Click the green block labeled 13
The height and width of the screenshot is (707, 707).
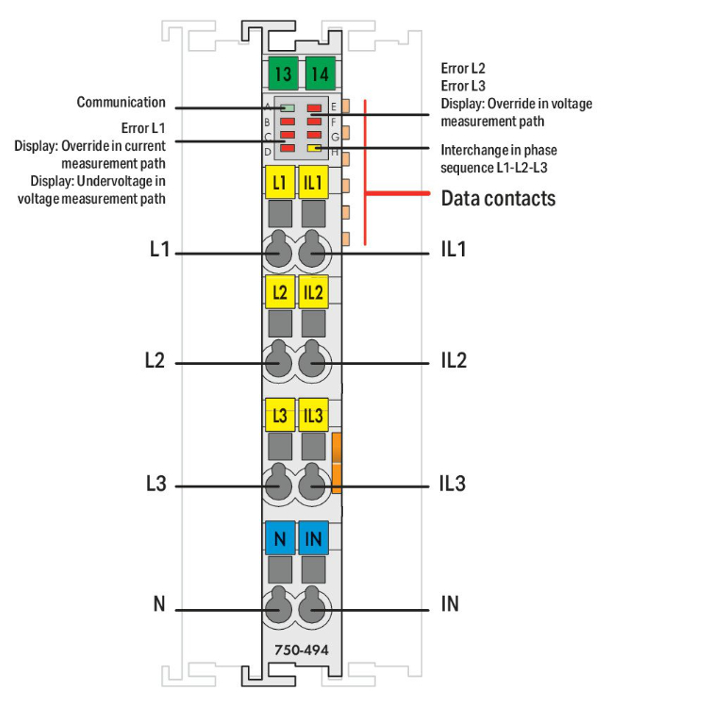click(280, 73)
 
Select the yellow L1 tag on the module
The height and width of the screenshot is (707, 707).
click(279, 181)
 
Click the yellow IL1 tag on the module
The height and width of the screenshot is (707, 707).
click(313, 181)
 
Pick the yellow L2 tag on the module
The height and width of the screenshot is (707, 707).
click(279, 292)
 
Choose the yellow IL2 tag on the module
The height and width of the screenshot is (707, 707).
click(313, 292)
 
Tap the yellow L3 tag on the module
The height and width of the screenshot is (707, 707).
click(279, 415)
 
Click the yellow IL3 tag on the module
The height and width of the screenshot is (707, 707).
click(313, 415)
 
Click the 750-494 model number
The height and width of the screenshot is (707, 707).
click(295, 649)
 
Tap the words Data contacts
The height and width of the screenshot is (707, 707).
click(498, 198)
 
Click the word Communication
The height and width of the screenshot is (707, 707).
click(121, 102)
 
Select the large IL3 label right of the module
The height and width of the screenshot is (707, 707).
click(452, 484)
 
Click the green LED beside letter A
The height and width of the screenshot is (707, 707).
click(288, 108)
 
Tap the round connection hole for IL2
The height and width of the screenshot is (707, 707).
click(311, 362)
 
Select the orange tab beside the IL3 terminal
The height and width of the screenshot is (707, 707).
click(337, 463)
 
